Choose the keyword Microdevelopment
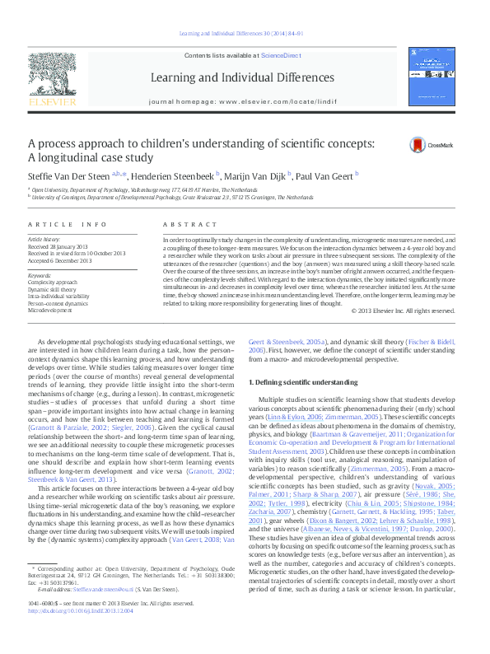coord(49,311)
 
